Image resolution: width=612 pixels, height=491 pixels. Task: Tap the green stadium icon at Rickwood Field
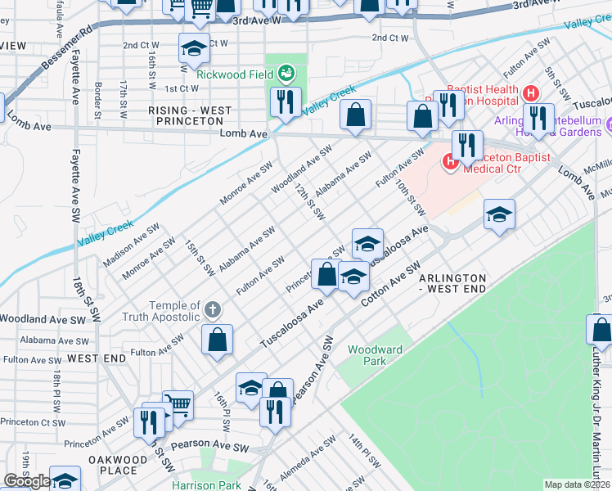click(286, 74)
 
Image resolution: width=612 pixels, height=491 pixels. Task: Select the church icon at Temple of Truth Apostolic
click(212, 309)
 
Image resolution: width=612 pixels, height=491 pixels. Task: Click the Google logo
click(27, 482)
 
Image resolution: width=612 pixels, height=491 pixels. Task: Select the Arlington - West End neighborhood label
click(452, 284)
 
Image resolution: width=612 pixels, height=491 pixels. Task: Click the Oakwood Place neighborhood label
click(112, 465)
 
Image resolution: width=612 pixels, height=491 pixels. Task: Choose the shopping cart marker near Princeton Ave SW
click(178, 403)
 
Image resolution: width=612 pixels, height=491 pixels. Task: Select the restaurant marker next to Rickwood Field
click(285, 102)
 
